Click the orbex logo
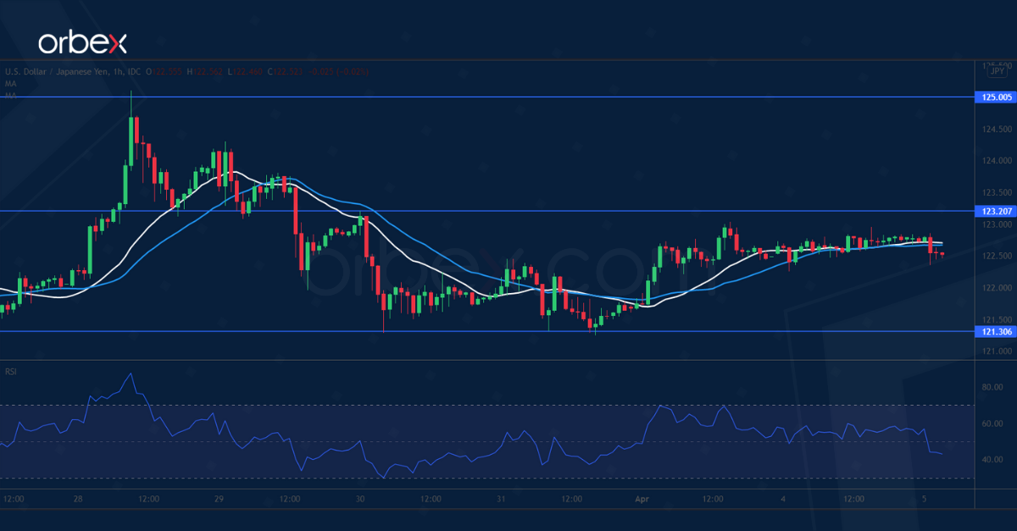pyautogui.click(x=81, y=41)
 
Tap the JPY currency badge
pyautogui.click(x=998, y=72)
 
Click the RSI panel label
pyautogui.click(x=13, y=371)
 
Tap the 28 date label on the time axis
pyautogui.click(x=78, y=499)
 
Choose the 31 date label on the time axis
pyautogui.click(x=502, y=499)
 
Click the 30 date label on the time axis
pyautogui.click(x=360, y=499)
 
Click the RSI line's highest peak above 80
pyautogui.click(x=130, y=373)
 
